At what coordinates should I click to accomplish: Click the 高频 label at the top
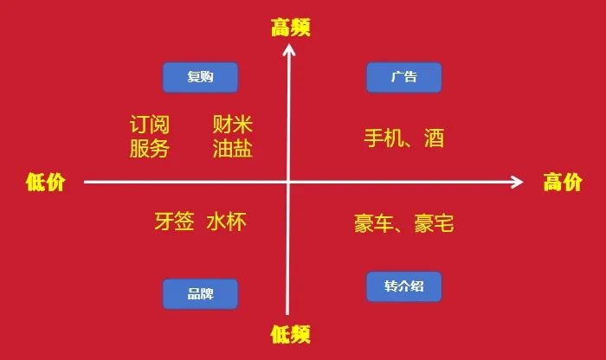click(x=290, y=29)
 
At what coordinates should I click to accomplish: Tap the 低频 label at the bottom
click(x=290, y=333)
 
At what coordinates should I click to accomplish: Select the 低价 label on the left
click(x=45, y=183)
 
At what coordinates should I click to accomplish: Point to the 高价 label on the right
click(x=564, y=183)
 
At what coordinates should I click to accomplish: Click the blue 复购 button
click(x=200, y=78)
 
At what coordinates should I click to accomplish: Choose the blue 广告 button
click(x=403, y=77)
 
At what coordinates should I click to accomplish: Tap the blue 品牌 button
click(x=200, y=294)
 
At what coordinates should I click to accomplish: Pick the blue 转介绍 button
click(x=403, y=286)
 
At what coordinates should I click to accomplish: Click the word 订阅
click(x=149, y=125)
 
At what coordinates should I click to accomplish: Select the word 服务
click(x=149, y=149)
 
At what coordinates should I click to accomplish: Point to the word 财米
click(x=232, y=125)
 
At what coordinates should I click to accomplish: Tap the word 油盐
click(x=232, y=149)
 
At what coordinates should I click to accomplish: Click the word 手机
click(x=384, y=138)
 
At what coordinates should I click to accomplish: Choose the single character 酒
click(x=434, y=138)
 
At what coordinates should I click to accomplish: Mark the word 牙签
click(x=173, y=222)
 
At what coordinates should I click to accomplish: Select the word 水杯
click(x=226, y=222)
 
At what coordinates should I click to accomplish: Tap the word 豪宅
click(x=434, y=224)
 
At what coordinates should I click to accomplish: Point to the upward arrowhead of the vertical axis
click(x=289, y=50)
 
